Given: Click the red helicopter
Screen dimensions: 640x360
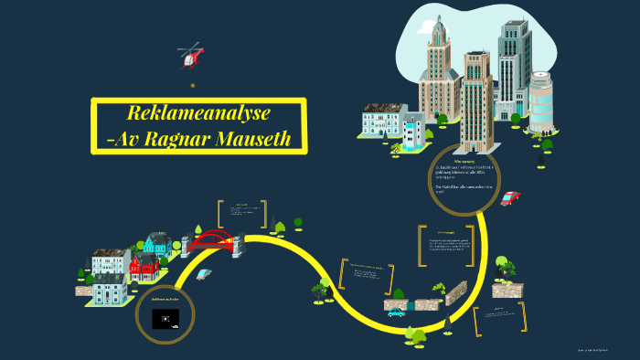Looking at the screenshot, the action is click(x=191, y=57).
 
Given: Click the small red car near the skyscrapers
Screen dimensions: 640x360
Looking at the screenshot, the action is click(x=510, y=198).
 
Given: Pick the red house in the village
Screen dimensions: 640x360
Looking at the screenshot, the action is click(x=143, y=265).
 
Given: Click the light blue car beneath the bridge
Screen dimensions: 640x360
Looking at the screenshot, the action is click(x=204, y=272).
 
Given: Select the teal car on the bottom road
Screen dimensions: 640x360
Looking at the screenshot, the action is click(x=396, y=312).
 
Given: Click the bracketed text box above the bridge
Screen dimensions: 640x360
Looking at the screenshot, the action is click(x=242, y=212).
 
